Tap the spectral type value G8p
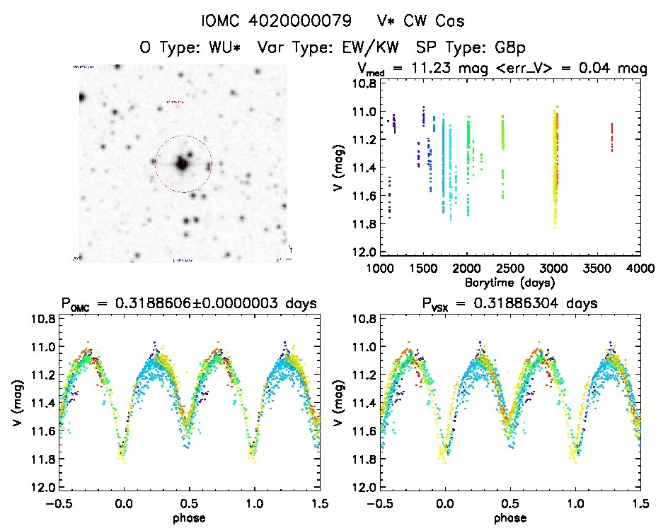[x=509, y=48]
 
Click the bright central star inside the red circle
[x=182, y=164]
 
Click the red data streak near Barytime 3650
[x=611, y=137]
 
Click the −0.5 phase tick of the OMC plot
[x=58, y=504]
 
